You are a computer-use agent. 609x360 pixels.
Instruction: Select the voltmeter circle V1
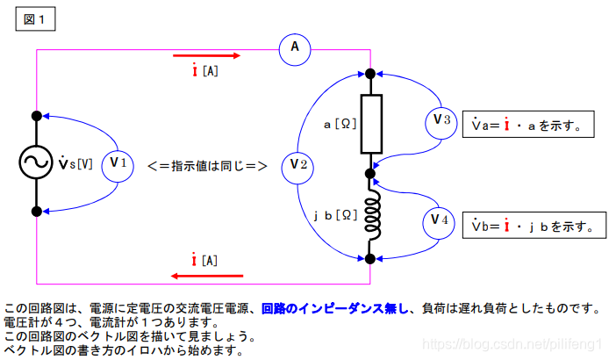(118, 164)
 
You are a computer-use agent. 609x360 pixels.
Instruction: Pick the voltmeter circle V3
(441, 121)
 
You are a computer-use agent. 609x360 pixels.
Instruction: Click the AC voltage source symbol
(37, 163)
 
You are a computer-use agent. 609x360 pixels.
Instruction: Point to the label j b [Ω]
(333, 214)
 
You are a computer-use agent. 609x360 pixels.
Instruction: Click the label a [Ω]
(340, 125)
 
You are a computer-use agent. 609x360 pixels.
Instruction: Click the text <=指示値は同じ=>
(207, 164)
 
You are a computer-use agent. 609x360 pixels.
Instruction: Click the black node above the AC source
(37, 115)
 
